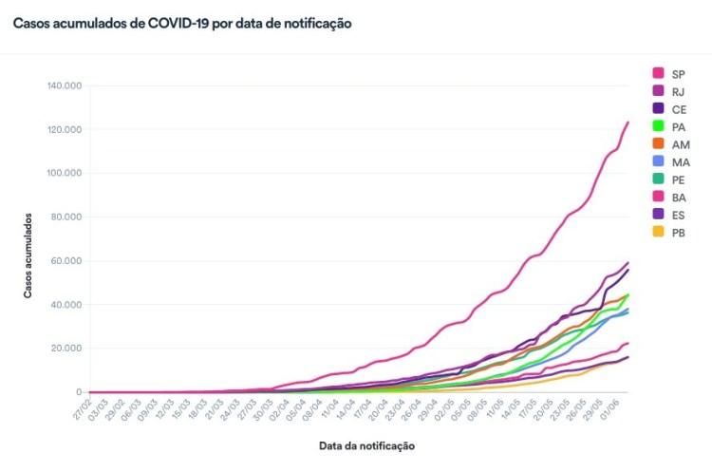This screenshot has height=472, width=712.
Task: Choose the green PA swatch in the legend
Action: click(658, 126)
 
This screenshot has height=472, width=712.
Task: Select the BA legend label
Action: click(679, 198)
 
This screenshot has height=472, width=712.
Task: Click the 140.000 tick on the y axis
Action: click(65, 85)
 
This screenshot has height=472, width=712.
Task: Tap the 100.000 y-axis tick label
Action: click(65, 173)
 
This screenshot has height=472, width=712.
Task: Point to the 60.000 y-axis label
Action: click(67, 260)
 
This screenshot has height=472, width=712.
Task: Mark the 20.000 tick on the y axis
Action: click(67, 348)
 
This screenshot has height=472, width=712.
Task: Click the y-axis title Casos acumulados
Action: click(28, 255)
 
